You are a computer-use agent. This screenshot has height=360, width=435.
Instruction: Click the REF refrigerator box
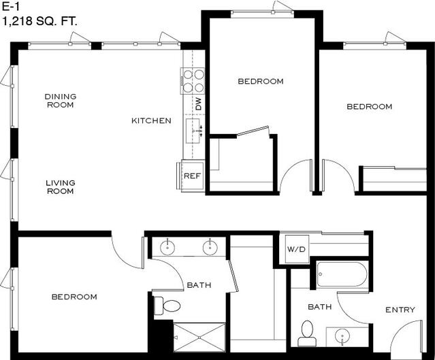click(x=193, y=176)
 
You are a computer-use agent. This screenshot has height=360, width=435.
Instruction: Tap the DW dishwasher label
click(x=199, y=103)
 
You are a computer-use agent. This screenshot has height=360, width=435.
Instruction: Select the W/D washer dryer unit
click(x=297, y=249)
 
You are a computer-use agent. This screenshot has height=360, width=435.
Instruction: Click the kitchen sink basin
click(x=193, y=131)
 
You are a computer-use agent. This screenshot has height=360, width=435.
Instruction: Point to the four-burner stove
click(x=193, y=81)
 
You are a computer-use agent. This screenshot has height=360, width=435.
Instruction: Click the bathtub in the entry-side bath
click(x=342, y=274)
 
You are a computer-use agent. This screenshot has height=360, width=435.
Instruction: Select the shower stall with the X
click(x=199, y=338)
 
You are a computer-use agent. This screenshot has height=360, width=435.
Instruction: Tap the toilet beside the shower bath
click(x=167, y=306)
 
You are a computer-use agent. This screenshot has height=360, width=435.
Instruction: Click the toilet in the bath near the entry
click(x=307, y=333)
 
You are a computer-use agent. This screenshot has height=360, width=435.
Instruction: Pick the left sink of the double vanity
click(x=168, y=246)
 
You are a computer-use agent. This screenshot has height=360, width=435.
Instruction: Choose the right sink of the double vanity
click(x=210, y=246)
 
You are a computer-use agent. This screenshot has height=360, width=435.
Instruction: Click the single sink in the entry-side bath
click(x=342, y=337)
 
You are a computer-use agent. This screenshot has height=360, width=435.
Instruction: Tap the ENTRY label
click(x=400, y=310)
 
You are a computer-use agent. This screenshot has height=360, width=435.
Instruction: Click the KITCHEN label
click(x=151, y=120)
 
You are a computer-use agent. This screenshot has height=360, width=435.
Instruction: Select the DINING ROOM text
click(x=61, y=101)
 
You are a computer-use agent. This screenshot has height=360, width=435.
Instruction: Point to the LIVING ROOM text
click(x=61, y=187)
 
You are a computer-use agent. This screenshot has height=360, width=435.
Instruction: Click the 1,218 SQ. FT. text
click(x=39, y=22)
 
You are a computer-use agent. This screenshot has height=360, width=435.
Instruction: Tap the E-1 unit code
click(x=11, y=7)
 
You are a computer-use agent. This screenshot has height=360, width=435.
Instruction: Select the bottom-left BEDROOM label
click(x=74, y=297)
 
